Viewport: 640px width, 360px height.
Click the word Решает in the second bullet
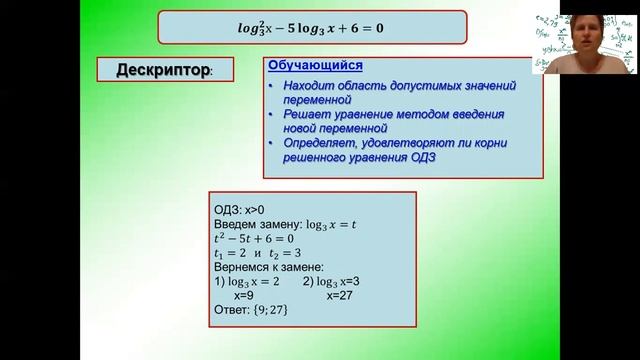coord(307,115)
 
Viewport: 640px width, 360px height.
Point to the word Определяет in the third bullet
coord(323,143)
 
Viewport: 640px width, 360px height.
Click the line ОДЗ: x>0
coord(242,210)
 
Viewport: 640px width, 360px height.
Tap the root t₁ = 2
coord(233,254)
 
